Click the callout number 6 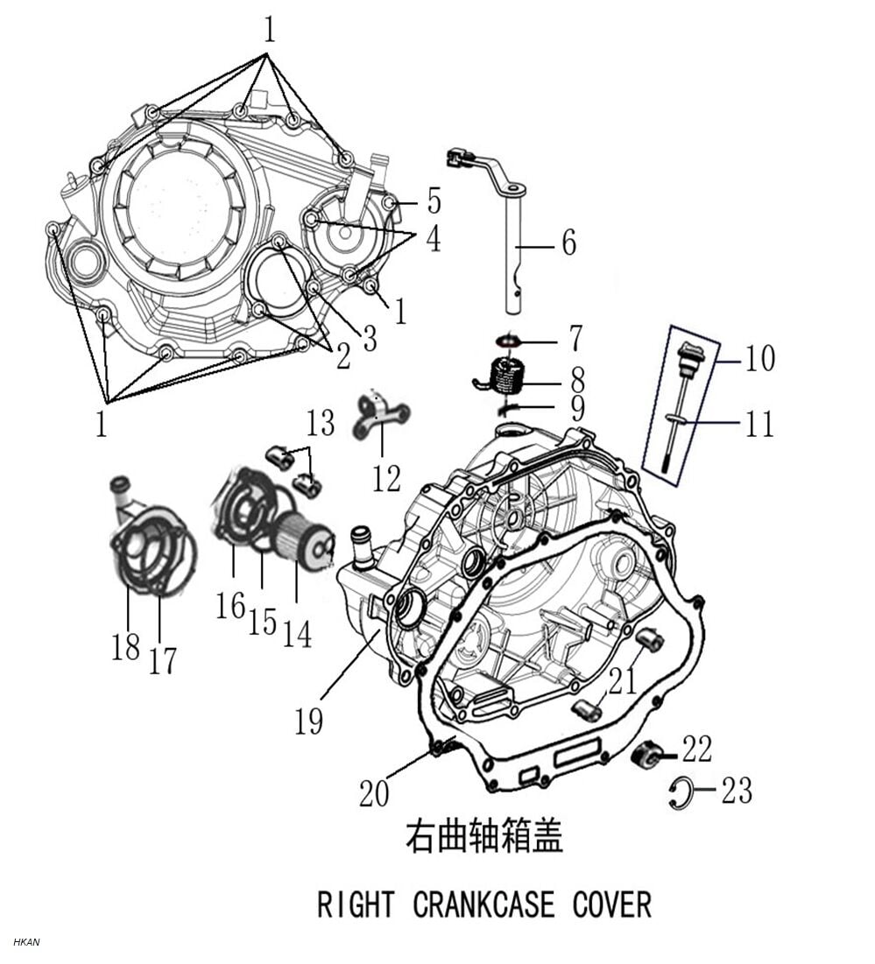[569, 243]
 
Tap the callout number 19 [308, 720]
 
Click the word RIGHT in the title [353, 904]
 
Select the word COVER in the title [612, 904]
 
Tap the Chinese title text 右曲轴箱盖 [483, 836]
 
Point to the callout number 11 [759, 424]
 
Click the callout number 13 [321, 423]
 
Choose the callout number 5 [434, 201]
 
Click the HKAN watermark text [26, 942]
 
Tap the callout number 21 [623, 680]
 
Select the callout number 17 [162, 660]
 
